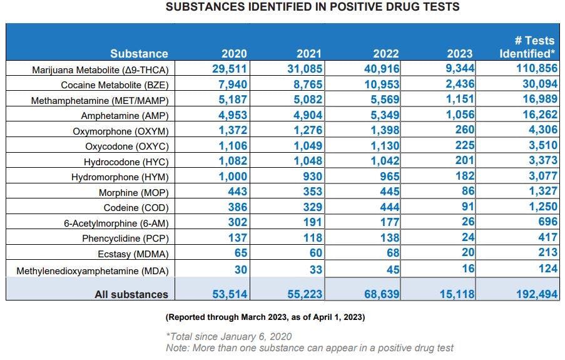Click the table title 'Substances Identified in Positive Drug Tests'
tap(312, 8)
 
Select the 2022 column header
tap(386, 53)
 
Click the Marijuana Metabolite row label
tap(100, 69)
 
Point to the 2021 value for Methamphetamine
tap(307, 100)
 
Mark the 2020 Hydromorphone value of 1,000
tap(233, 177)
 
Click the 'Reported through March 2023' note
tap(265, 317)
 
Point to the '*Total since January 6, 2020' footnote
tap(228, 337)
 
